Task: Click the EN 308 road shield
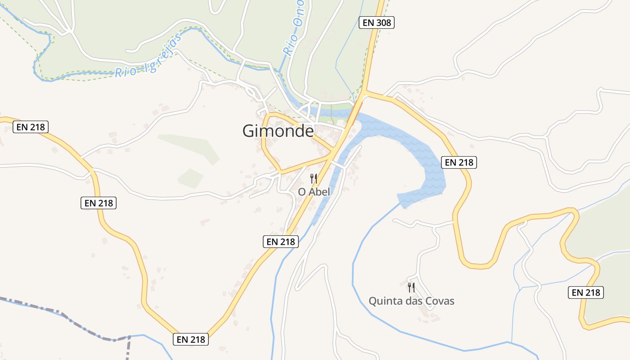(376, 22)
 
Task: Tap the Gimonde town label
(278, 131)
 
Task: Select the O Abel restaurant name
(314, 192)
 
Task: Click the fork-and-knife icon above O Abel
(314, 179)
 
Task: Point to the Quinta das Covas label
(411, 301)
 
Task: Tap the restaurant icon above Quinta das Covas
(411, 287)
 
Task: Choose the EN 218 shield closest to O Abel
(281, 242)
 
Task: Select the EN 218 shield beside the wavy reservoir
(459, 162)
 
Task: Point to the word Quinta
(384, 301)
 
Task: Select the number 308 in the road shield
(383, 22)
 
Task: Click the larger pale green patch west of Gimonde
(191, 146)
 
